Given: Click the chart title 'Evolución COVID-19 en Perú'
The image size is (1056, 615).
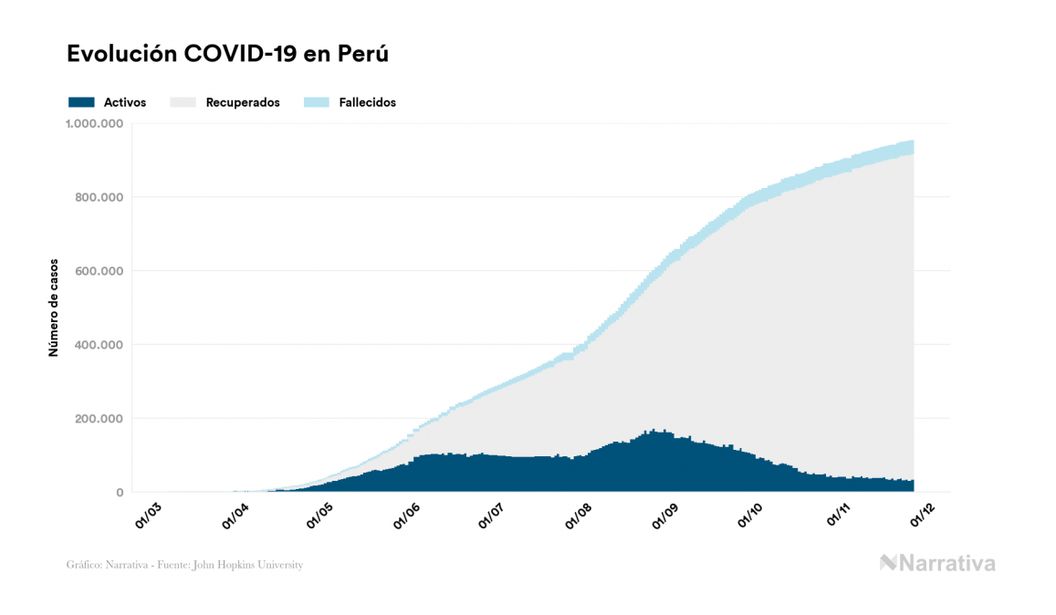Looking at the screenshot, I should (x=228, y=54).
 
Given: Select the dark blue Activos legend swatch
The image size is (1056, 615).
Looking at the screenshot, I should (x=81, y=102).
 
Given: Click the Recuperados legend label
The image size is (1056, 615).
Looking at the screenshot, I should (x=242, y=102).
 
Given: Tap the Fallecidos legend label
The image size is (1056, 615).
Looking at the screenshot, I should (x=367, y=102).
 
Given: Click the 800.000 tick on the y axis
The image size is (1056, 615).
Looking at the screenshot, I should (x=99, y=197).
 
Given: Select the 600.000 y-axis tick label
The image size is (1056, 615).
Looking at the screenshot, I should (x=99, y=271).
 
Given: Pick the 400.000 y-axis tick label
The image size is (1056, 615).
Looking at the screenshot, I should (x=99, y=345).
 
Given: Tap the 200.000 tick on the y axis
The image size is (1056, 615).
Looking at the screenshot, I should (x=99, y=419).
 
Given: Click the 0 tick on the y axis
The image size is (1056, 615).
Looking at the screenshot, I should (x=119, y=493).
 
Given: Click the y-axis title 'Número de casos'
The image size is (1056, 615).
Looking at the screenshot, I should (x=54, y=307).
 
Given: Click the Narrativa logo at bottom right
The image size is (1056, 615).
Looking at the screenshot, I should (x=937, y=563).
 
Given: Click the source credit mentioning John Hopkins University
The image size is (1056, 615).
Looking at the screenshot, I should (x=184, y=565).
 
